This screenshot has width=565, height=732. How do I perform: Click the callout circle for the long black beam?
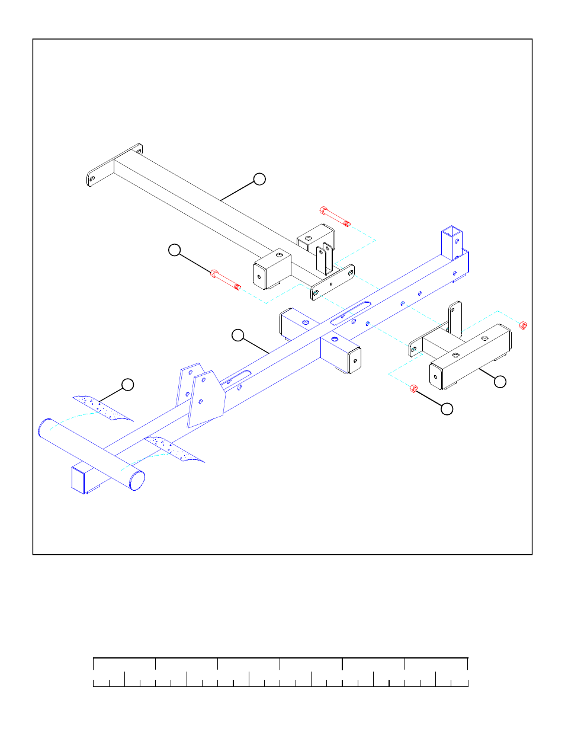point(259,179)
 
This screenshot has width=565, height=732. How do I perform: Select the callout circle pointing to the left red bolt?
point(174,250)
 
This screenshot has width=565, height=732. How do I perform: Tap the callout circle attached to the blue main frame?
point(237,335)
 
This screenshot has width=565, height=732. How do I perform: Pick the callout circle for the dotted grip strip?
point(127,385)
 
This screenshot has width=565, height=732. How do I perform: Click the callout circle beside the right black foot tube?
point(500,382)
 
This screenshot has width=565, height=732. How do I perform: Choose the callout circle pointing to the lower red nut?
point(447,408)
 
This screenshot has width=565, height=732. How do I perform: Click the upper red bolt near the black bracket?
point(335,217)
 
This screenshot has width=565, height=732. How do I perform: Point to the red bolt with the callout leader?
point(225,280)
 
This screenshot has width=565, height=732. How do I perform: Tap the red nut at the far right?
point(522,325)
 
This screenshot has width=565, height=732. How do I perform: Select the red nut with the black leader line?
point(413,389)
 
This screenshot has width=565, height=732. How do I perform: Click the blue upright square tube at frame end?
point(451,242)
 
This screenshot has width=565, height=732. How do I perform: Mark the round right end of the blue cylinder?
point(137,481)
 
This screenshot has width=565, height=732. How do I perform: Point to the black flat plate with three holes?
point(332,283)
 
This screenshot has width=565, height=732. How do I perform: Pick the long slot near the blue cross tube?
point(351,313)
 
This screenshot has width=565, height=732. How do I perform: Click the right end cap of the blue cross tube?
point(355,360)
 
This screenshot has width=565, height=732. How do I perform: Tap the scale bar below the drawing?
point(280,672)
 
